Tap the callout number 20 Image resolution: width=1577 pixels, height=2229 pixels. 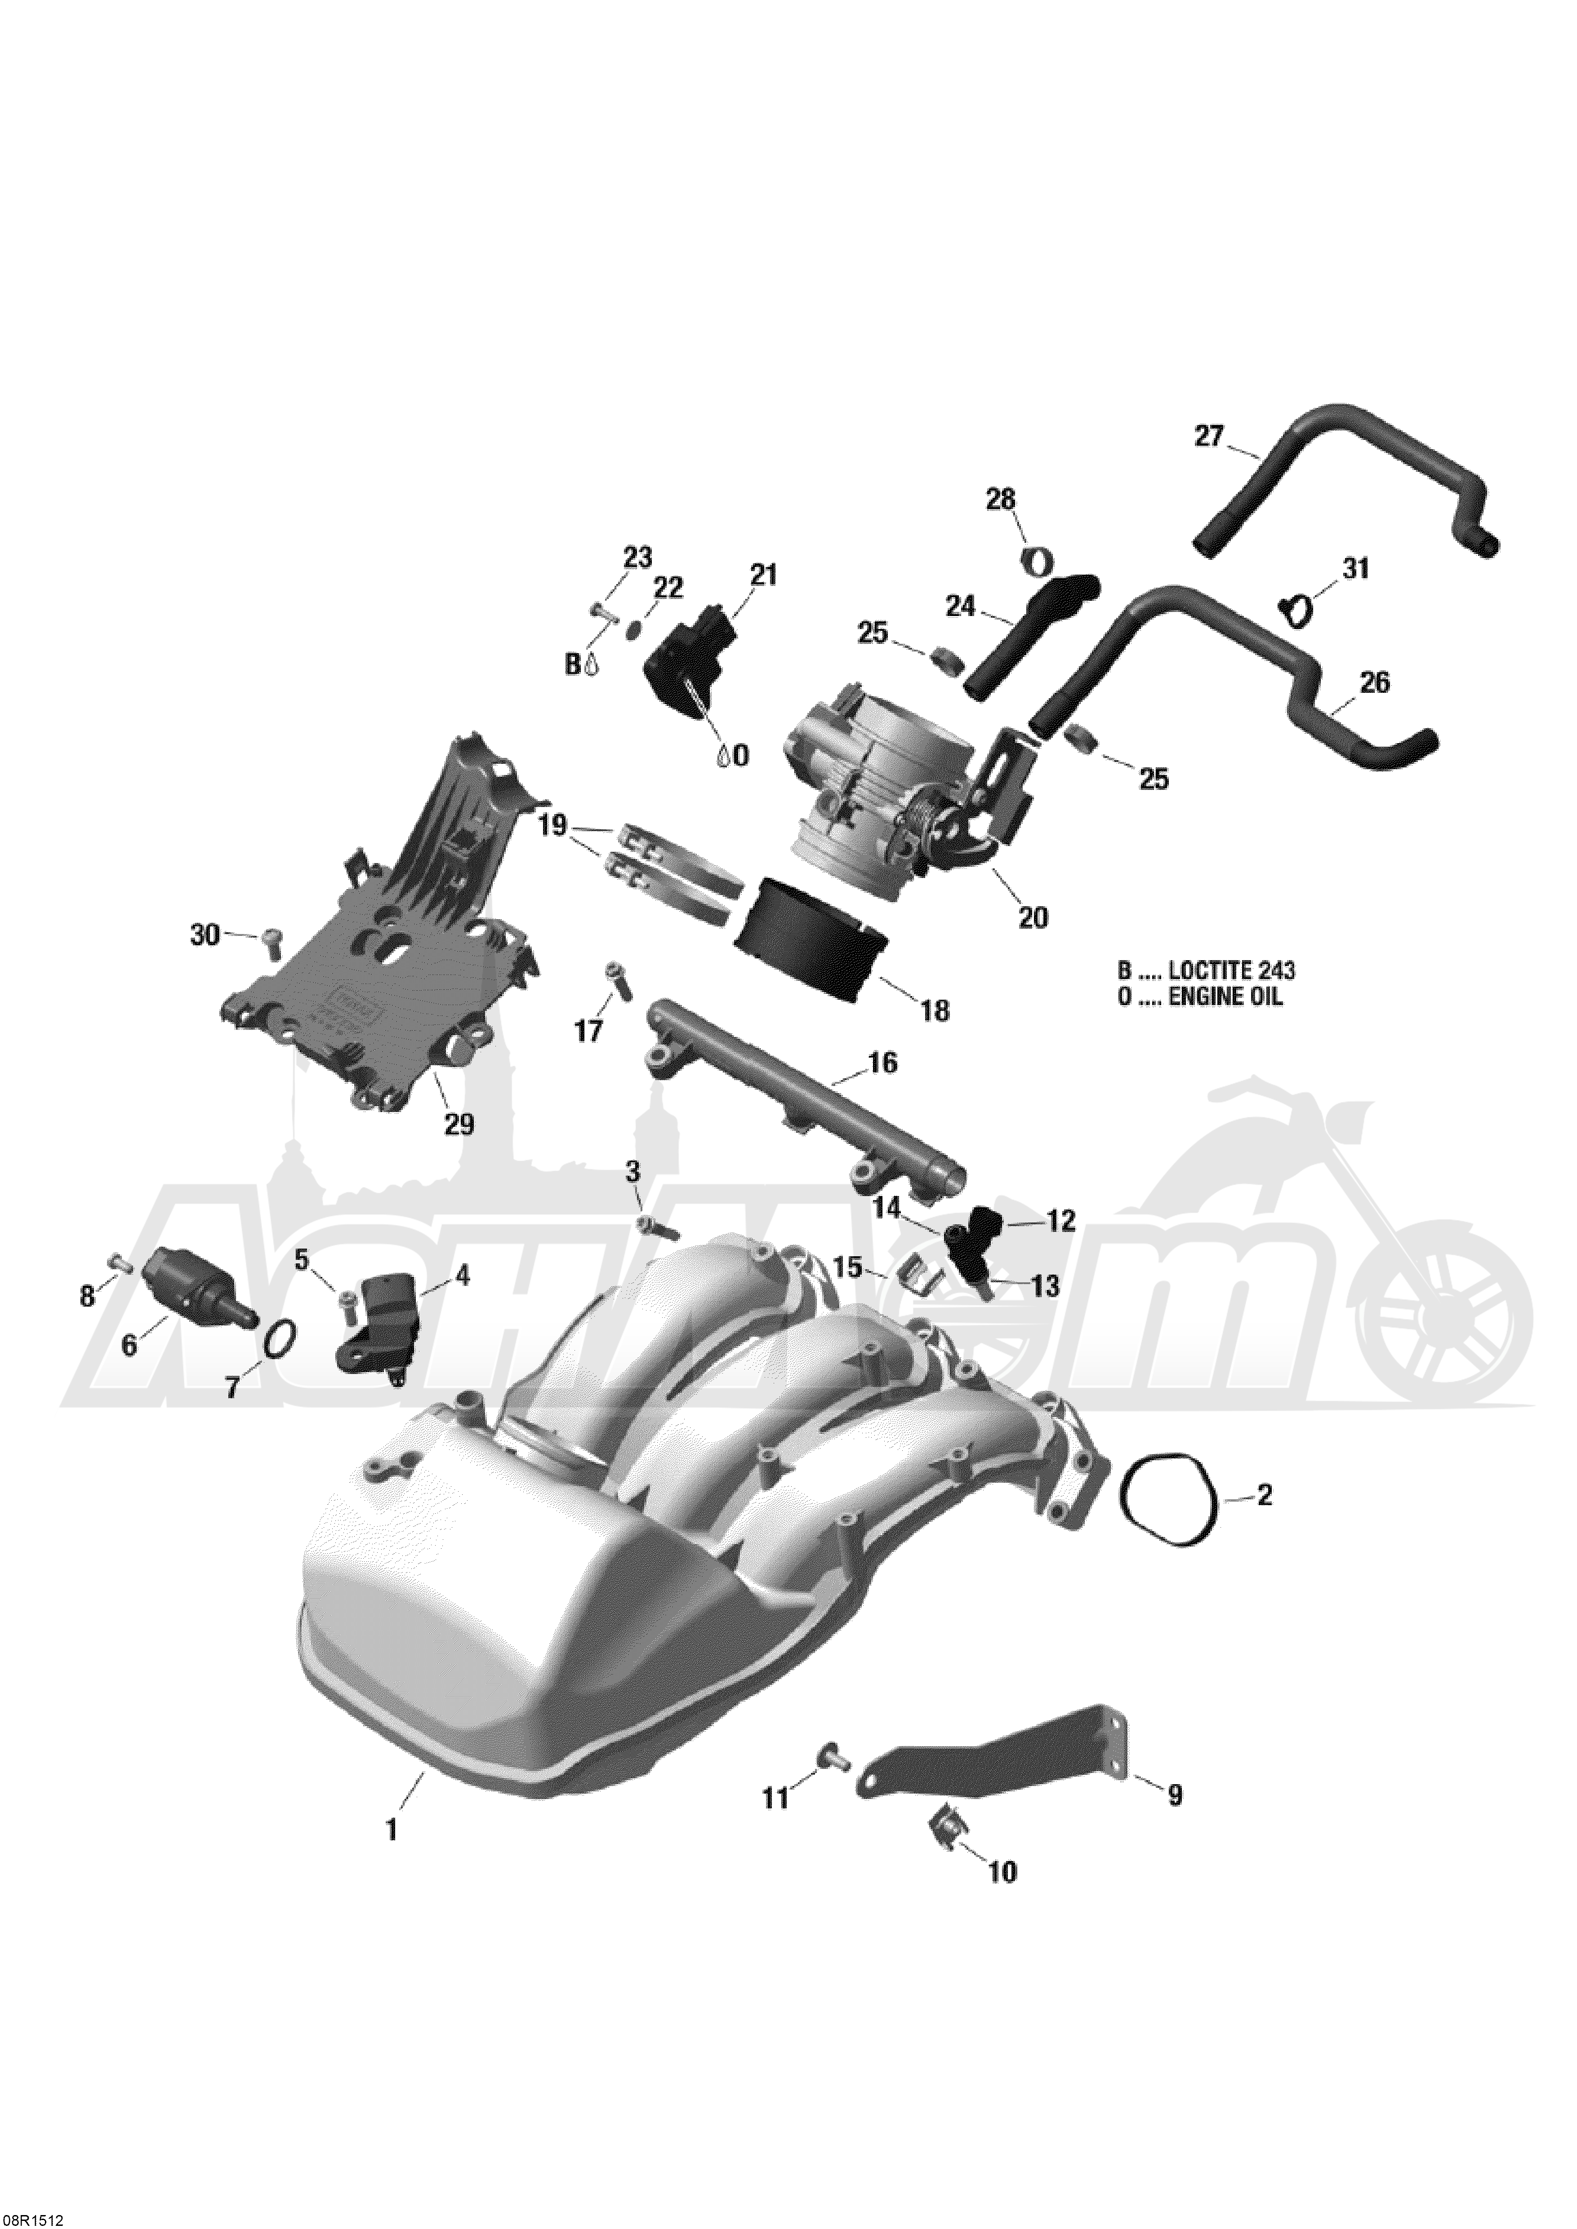[x=1032, y=916]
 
